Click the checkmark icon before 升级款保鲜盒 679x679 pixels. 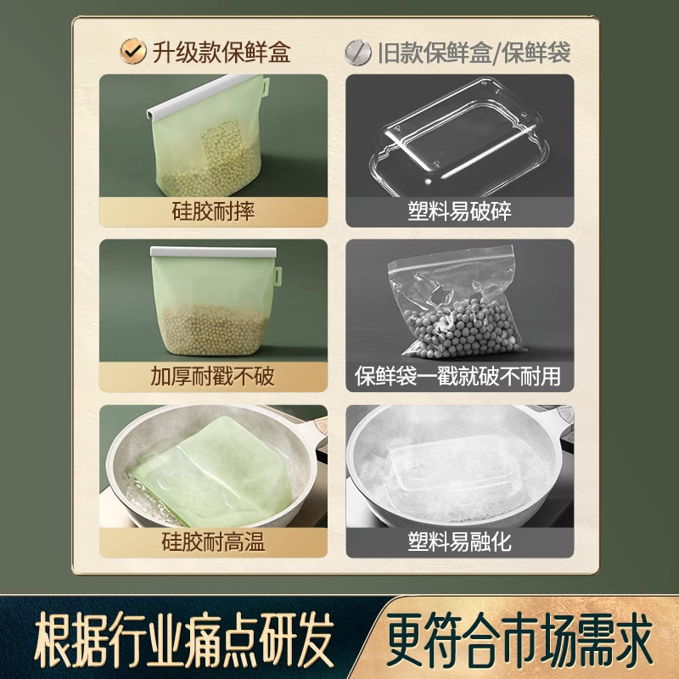point(131,53)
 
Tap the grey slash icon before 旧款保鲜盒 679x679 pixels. point(357,53)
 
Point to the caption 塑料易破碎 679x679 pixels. point(458,210)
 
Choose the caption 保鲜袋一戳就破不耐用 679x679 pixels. point(458,375)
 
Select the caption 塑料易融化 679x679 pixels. point(458,541)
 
